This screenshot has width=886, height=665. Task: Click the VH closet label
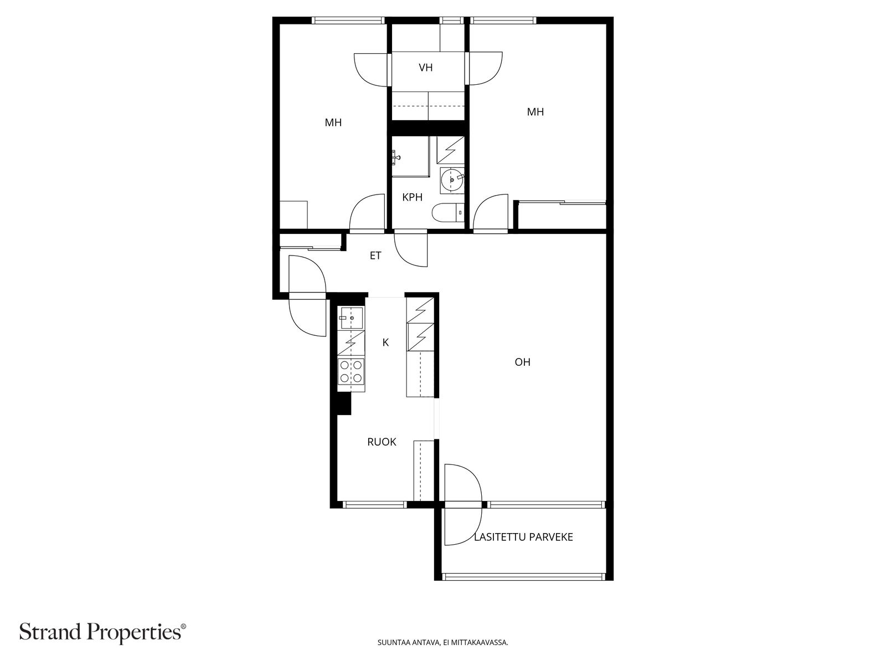click(425, 68)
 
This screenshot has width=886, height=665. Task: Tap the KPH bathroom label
click(412, 197)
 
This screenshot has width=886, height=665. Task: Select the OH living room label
click(522, 362)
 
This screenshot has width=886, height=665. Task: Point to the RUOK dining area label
click(382, 442)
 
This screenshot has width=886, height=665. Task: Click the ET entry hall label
click(375, 255)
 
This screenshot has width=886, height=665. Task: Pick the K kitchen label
click(385, 342)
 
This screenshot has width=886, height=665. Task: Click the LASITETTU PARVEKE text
click(523, 537)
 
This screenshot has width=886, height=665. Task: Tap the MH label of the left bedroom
click(333, 122)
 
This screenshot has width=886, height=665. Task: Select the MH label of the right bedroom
click(535, 112)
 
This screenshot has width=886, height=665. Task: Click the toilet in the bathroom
click(448, 213)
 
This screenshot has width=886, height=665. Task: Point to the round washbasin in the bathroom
click(452, 179)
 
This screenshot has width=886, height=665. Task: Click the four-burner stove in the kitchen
click(351, 371)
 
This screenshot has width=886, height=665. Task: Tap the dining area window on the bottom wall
click(375, 504)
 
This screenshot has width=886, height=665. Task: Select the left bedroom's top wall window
click(348, 20)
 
